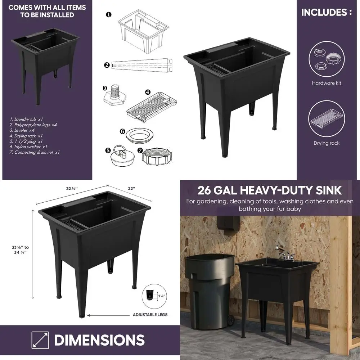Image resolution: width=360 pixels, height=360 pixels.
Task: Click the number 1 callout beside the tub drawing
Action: pyautogui.click(x=108, y=15)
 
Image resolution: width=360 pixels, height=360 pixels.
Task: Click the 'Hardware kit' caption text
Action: pyautogui.click(x=327, y=83)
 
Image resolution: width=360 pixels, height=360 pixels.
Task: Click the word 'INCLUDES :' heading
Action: pyautogui.click(x=327, y=12)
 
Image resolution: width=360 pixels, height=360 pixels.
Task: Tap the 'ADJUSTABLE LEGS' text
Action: pyautogui.click(x=150, y=315)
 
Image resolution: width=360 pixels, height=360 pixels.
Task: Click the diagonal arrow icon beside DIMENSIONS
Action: pyautogui.click(x=40, y=340)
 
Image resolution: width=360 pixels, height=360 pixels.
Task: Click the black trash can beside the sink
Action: pyautogui.click(x=210, y=288)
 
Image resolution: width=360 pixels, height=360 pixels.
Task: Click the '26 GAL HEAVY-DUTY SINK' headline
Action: pyautogui.click(x=270, y=190)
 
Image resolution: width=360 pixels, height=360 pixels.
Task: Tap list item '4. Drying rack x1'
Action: pyautogui.click(x=26, y=136)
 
